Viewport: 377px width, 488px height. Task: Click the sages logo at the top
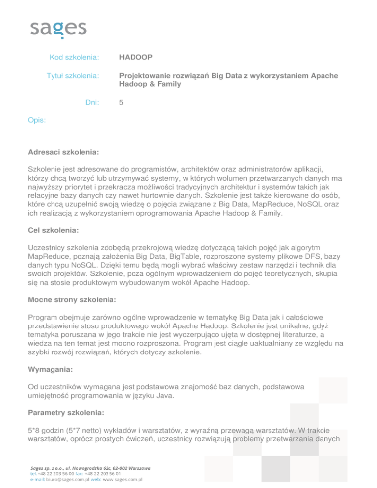click(58, 28)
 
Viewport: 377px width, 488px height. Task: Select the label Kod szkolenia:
click(74, 58)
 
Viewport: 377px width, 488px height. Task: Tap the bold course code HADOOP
click(135, 58)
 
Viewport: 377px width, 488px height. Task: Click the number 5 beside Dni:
click(121, 103)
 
